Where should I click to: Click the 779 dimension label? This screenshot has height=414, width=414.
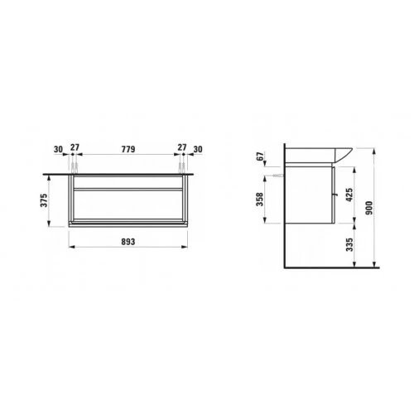128,149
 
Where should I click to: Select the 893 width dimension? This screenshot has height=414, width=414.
128,242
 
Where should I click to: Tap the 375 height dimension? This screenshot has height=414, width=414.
44,200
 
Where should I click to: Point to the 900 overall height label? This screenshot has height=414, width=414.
368,208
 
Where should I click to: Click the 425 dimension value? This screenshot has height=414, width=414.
349,195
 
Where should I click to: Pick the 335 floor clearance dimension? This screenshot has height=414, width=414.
349,245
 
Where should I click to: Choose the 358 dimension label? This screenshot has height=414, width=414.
260,200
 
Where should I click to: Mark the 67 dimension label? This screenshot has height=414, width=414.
260,156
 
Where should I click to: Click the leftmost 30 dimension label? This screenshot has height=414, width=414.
58,149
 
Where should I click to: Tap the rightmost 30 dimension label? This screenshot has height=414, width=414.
198,149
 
